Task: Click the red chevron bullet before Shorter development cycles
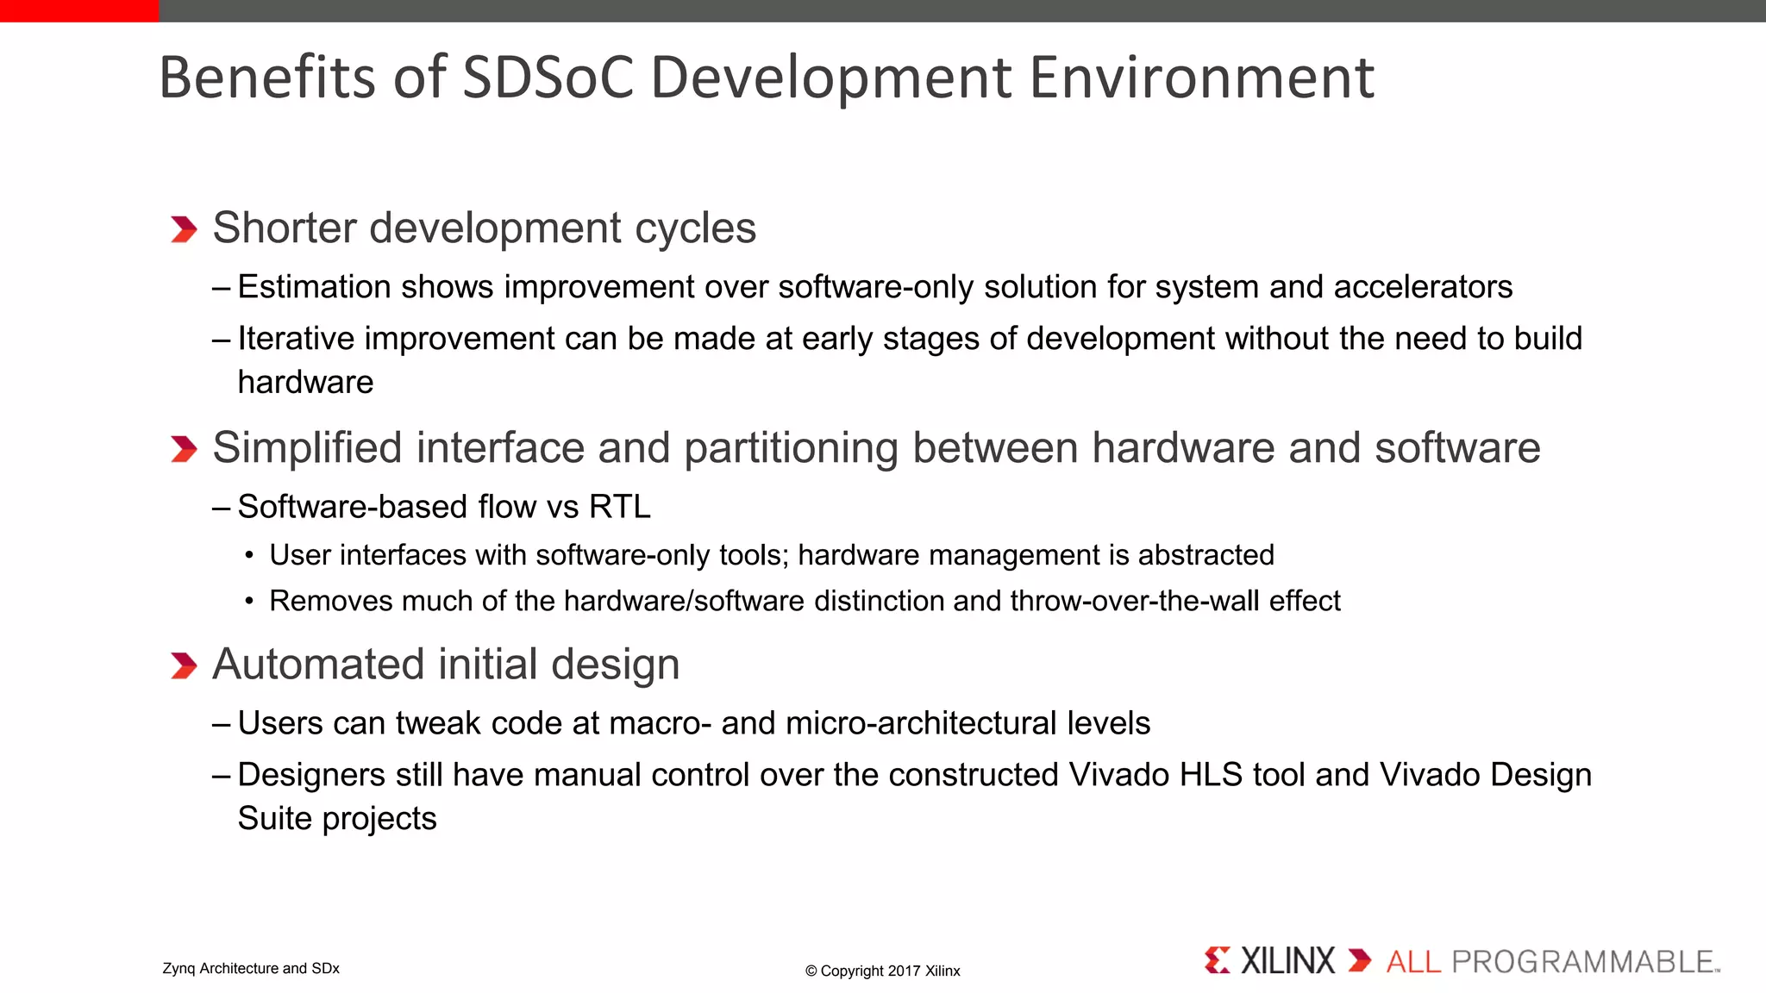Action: [184, 229]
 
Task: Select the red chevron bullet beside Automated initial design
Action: [184, 665]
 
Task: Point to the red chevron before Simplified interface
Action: [184, 449]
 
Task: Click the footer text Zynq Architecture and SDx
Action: [251, 969]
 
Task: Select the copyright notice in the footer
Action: [882, 971]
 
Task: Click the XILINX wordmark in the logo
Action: [1287, 961]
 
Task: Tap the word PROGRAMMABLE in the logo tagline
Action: [1583, 962]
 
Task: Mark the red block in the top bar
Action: [79, 10]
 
